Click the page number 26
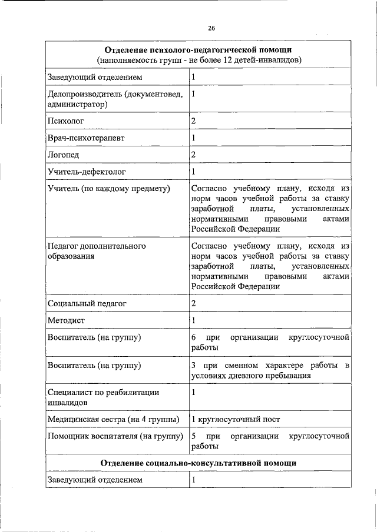(211, 28)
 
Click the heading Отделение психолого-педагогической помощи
(200, 50)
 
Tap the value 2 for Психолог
(194, 121)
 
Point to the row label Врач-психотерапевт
(86, 138)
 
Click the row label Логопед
(63, 155)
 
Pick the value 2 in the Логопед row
(194, 155)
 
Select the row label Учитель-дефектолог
(87, 172)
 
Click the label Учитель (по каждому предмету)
(108, 189)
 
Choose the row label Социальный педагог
(87, 303)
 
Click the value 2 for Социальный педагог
(194, 303)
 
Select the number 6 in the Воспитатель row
(194, 337)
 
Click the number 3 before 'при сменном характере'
(194, 366)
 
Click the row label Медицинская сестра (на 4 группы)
(113, 419)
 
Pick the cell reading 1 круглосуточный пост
(236, 419)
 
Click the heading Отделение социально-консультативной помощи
(198, 463)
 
